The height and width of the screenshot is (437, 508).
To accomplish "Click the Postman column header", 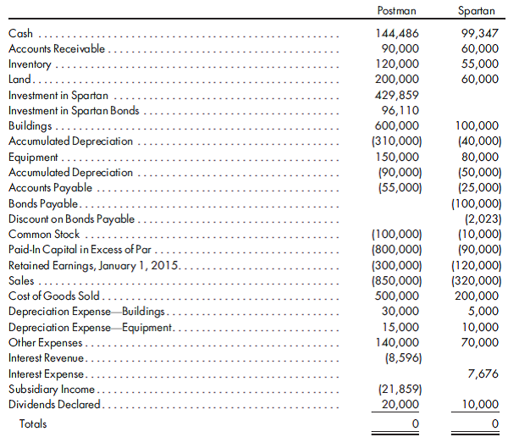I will pyautogui.click(x=396, y=9).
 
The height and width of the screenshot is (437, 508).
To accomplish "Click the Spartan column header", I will pyautogui.click(x=476, y=9).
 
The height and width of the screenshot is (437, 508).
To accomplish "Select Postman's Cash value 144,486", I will pyautogui.click(x=396, y=34).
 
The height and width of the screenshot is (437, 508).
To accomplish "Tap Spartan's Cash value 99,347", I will pyautogui.click(x=479, y=34).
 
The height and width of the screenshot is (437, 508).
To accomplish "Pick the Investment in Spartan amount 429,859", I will pyautogui.click(x=396, y=95).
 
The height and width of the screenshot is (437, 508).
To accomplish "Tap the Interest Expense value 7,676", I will pyautogui.click(x=483, y=373).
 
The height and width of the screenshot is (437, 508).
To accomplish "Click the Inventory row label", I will pyautogui.click(x=30, y=64).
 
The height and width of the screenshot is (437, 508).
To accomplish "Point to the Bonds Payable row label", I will pyautogui.click(x=43, y=203).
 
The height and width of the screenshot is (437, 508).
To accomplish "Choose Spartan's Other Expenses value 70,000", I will pyautogui.click(x=479, y=342).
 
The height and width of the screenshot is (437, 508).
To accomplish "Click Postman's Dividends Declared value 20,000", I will pyautogui.click(x=400, y=404).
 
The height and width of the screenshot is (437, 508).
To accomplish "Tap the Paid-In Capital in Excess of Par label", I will pyautogui.click(x=81, y=250).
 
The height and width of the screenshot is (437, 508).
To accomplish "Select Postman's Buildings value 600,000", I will pyautogui.click(x=396, y=126).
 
